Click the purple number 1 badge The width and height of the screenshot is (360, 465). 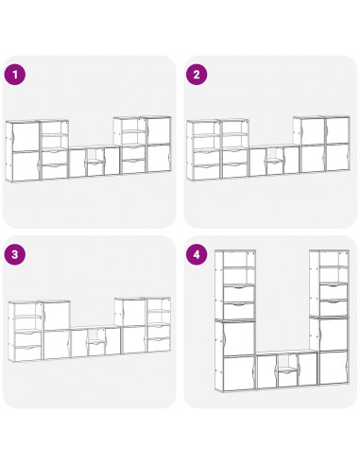click(14, 75)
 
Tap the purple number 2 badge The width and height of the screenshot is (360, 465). click(197, 75)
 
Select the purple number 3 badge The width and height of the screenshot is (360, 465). click(14, 254)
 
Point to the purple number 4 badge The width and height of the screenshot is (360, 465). click(197, 254)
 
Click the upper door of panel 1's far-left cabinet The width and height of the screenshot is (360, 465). click(26, 137)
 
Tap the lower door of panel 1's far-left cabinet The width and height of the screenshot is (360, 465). click(26, 166)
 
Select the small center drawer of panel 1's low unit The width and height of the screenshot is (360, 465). click(95, 169)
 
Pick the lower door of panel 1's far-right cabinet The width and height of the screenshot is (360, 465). click(159, 158)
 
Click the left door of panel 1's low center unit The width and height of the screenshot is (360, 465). click(77, 164)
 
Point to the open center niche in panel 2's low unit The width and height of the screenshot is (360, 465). click(276, 154)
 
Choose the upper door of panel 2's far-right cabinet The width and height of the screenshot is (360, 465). click(337, 130)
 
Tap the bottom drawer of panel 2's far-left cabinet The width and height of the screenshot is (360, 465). click(206, 172)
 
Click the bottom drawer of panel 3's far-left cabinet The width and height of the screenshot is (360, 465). click(27, 353)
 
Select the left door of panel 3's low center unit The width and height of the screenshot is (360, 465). click(79, 343)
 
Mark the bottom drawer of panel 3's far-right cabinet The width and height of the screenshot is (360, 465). click(159, 345)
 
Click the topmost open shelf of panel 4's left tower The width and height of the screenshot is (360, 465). click(239, 259)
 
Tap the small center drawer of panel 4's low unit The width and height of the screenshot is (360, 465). click(287, 378)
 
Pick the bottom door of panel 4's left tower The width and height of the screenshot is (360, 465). click(238, 373)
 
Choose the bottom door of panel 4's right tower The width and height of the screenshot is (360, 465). click(334, 368)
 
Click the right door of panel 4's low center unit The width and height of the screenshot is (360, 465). click(307, 370)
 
